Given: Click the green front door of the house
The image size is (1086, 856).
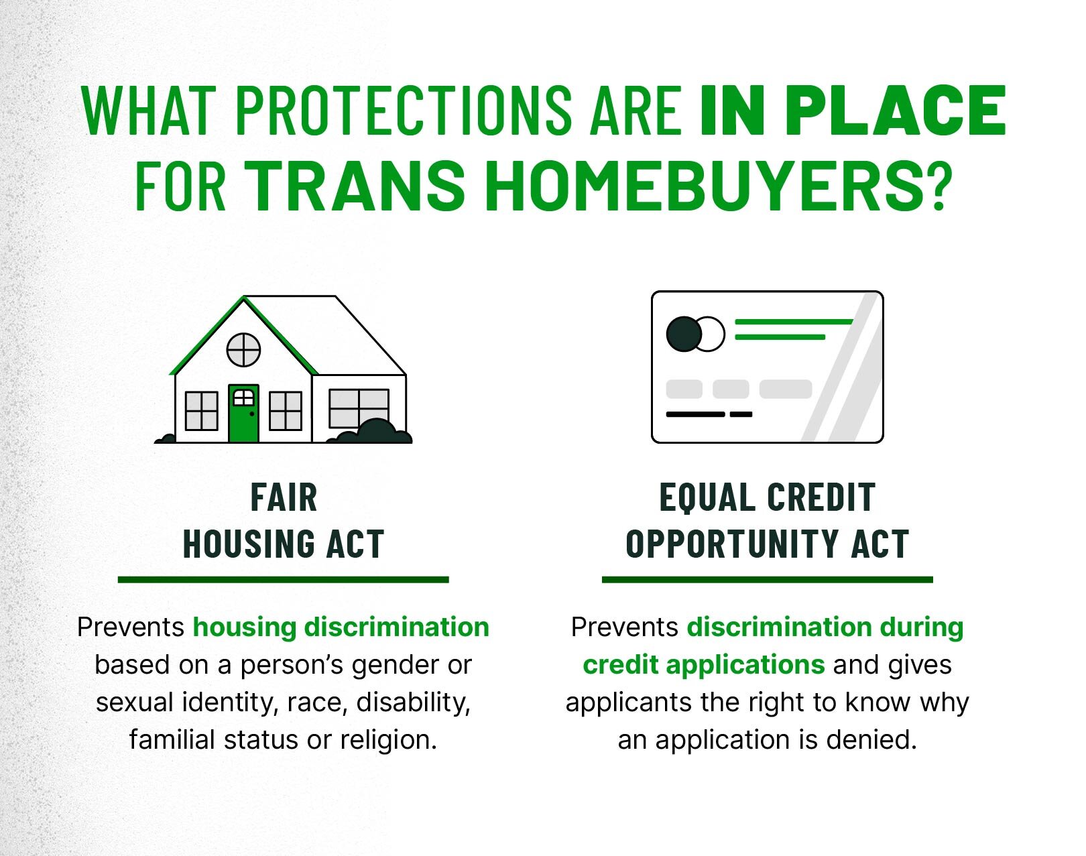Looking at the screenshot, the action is [244, 414].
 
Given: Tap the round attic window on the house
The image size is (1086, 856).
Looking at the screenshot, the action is [244, 350].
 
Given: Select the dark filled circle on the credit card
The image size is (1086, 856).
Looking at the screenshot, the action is [684, 334].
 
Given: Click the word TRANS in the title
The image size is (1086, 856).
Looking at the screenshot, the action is [357, 185].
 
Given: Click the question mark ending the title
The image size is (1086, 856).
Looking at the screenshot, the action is [939, 185].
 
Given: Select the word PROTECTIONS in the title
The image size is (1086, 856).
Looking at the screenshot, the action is [404, 111].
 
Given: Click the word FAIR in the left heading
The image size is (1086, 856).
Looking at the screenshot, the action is [284, 497].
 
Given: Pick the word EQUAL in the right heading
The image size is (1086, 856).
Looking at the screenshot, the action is [709, 498].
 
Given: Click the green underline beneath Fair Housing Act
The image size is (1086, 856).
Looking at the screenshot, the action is [284, 580].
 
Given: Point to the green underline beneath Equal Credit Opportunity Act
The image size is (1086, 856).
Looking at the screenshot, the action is [767, 580].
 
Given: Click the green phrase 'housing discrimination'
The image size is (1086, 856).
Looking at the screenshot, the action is [341, 627].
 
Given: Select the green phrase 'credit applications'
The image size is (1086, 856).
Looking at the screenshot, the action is [704, 665].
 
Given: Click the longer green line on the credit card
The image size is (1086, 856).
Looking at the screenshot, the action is [794, 322].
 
